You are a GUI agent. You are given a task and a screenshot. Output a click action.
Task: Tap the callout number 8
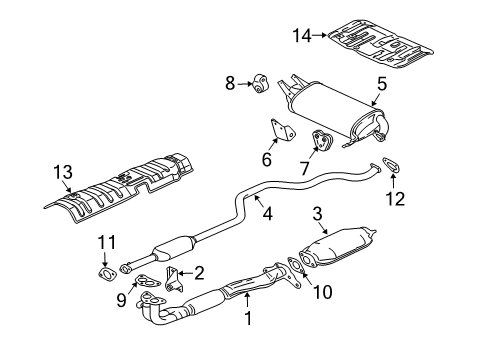229,84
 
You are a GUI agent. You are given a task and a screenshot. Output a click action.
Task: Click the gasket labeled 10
294,267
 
